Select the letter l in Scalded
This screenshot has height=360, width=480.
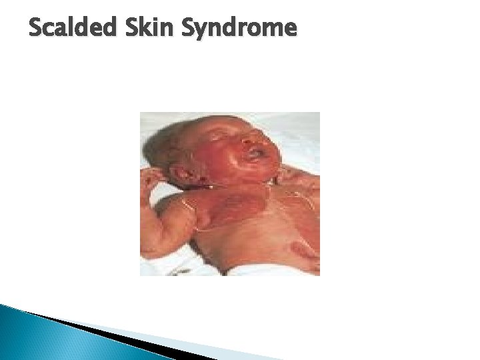pos(70,28)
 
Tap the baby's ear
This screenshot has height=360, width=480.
pos(196,175)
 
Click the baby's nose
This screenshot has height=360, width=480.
pos(250,139)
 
